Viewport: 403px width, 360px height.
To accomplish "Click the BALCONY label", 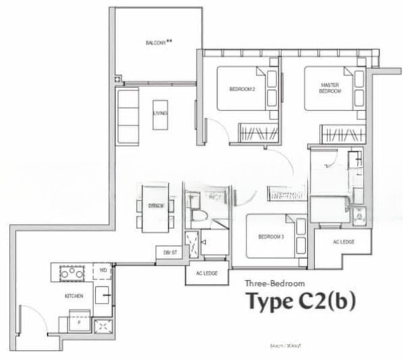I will pos(159,43).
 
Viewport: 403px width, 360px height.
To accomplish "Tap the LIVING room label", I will pos(160,113).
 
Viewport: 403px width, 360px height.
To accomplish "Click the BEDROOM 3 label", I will pos(270,237).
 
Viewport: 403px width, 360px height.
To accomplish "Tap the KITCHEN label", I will pos(74,296).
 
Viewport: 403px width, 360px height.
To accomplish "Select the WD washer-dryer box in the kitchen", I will pos(103,271).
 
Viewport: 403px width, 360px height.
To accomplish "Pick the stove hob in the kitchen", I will pos(71,273).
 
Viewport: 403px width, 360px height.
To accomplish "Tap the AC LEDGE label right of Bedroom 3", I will pos(343,242).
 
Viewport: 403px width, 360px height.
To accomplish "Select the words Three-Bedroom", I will pos(275,283).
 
